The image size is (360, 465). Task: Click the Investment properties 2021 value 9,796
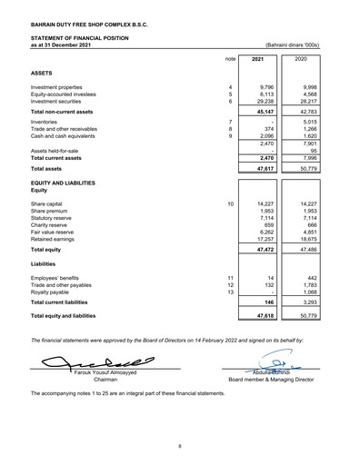pyautogui.click(x=263, y=88)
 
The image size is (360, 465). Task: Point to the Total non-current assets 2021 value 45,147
pyautogui.click(x=262, y=113)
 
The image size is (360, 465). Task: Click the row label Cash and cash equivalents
pyautogui.click(x=64, y=135)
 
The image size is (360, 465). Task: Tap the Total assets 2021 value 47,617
pyautogui.click(x=262, y=168)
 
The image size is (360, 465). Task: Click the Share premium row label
pyautogui.click(x=50, y=212)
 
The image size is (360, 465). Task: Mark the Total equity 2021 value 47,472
pyautogui.click(x=262, y=249)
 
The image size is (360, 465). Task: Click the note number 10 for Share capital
pyautogui.click(x=231, y=204)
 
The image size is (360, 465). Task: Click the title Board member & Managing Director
pyautogui.click(x=271, y=380)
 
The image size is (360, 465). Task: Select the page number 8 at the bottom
pyautogui.click(x=180, y=446)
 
